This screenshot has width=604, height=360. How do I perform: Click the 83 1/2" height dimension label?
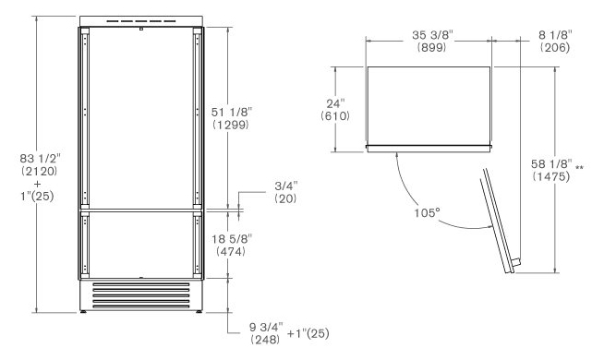pyautogui.click(x=41, y=158)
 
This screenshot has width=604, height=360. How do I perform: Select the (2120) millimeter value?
pyautogui.click(x=40, y=171)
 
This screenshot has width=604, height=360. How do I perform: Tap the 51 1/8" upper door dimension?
pyautogui.click(x=232, y=112)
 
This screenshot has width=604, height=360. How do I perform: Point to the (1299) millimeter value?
pyautogui.click(x=231, y=125)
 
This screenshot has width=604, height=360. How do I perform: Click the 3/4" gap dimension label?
pyautogui.click(x=286, y=186)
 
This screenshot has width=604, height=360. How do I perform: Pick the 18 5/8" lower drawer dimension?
pyautogui.click(x=232, y=239)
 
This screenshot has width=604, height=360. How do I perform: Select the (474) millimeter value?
pyautogui.click(x=231, y=251)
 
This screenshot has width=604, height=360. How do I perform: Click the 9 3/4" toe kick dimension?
pyautogui.click(x=266, y=327)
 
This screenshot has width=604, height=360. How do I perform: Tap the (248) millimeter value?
pyautogui.click(x=265, y=340)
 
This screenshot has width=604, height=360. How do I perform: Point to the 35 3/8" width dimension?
pyautogui.click(x=432, y=35)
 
